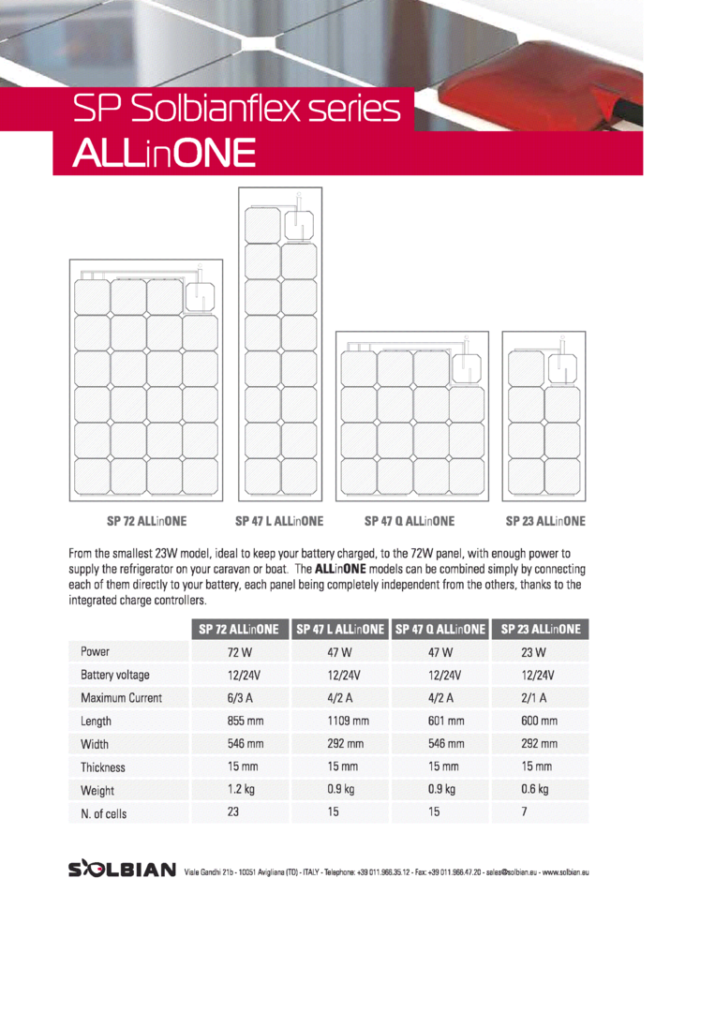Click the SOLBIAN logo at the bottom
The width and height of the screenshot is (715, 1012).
(x=122, y=870)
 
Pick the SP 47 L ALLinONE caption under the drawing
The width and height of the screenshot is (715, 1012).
(x=279, y=520)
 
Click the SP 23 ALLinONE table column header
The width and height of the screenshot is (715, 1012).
(x=541, y=629)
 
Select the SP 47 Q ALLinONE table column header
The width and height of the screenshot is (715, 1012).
(x=440, y=629)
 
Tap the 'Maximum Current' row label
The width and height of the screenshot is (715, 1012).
(x=121, y=698)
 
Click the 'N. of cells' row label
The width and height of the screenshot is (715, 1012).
(x=103, y=813)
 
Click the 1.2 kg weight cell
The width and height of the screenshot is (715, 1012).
(x=241, y=790)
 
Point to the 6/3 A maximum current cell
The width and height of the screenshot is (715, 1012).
(x=241, y=698)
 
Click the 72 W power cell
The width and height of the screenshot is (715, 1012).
(x=240, y=652)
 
